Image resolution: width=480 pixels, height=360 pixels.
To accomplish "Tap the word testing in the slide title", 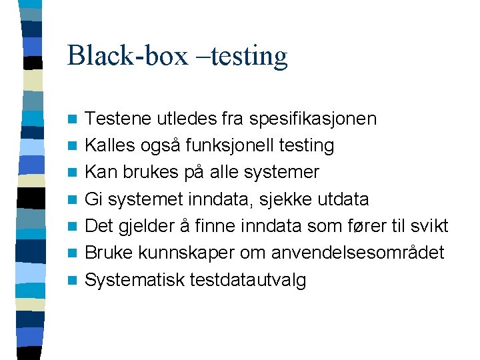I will [x=252, y=56].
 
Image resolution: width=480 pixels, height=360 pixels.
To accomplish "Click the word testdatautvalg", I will [x=248, y=280].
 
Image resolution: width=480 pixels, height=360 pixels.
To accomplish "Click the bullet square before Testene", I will [x=75, y=120].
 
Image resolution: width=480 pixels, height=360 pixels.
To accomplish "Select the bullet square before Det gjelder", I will [x=75, y=227].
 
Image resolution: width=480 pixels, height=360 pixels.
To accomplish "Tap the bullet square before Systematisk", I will [x=75, y=281].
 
